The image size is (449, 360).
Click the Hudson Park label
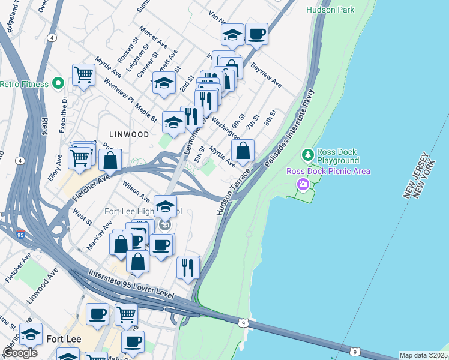pyautogui.click(x=330, y=10)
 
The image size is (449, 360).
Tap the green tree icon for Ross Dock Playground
pyautogui.click(x=309, y=155)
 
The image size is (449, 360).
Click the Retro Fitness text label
pyautogui.click(x=24, y=84)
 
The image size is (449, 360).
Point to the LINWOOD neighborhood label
pyautogui.click(x=128, y=134)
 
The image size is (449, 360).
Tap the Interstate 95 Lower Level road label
pyautogui.click(x=131, y=285)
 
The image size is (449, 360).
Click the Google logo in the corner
pyautogui.click(x=20, y=353)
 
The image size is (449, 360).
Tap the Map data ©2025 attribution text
pyautogui.click(x=423, y=355)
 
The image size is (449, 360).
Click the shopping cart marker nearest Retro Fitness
pyautogui.click(x=83, y=75)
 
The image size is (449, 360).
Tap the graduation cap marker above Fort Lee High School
pyautogui.click(x=166, y=206)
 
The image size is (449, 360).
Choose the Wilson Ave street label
pyautogui.click(x=136, y=189)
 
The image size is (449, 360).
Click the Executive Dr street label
pyautogui.click(x=62, y=116)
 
